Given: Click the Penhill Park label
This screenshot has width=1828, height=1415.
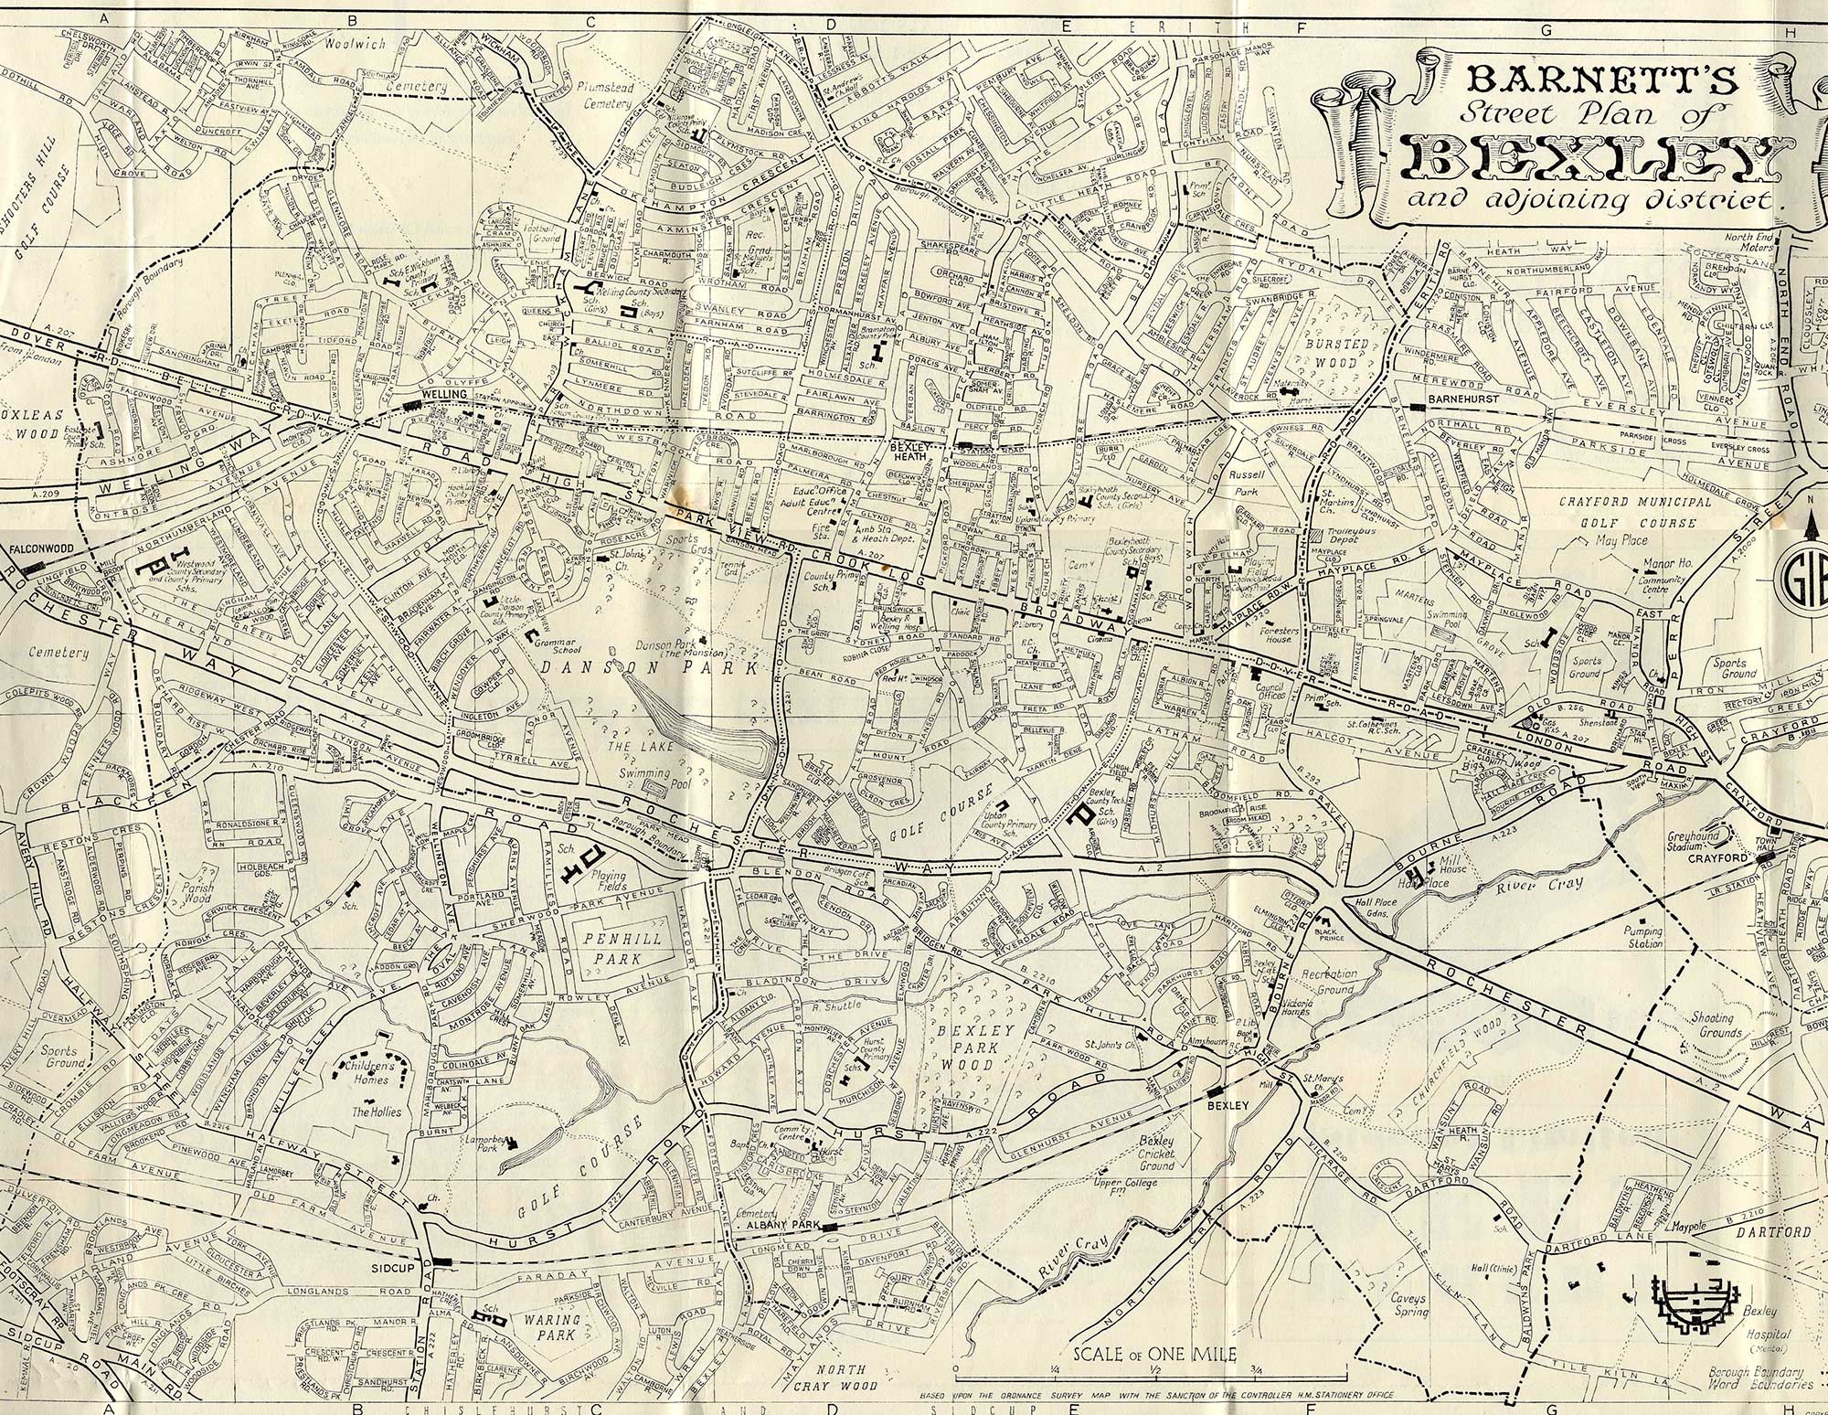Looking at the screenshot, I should tap(620, 948).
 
